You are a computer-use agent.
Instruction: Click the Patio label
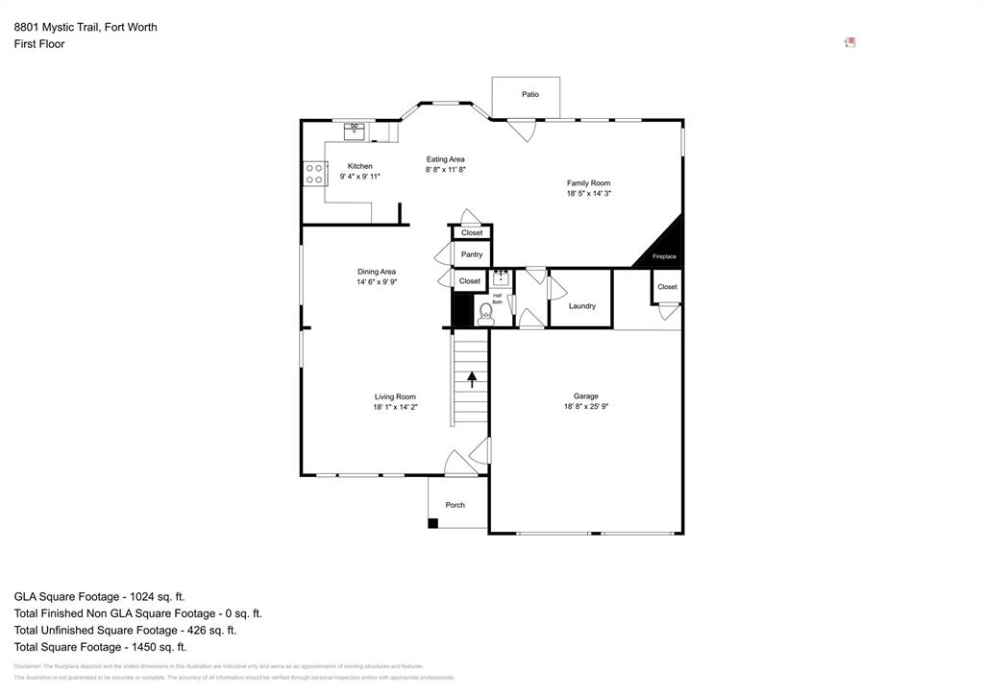[530, 94]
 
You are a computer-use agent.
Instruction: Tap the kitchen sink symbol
[355, 132]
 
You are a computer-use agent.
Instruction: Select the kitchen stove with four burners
[314, 174]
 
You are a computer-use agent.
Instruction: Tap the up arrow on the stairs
[471, 378]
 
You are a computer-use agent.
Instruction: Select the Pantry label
[472, 254]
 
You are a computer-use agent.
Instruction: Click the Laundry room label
[581, 306]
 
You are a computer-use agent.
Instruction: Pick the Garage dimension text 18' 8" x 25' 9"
[586, 407]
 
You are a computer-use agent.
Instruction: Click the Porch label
[455, 505]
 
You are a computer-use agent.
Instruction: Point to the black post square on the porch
[433, 523]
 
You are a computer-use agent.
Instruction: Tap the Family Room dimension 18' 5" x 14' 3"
[588, 194]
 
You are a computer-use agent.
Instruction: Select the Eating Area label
[445, 159]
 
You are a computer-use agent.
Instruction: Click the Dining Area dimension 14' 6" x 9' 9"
[377, 282]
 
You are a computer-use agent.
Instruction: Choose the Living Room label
[395, 396]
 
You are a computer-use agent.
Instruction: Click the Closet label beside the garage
[667, 286]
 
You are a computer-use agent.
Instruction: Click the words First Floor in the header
[39, 44]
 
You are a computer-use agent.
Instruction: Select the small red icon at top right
[849, 42]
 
